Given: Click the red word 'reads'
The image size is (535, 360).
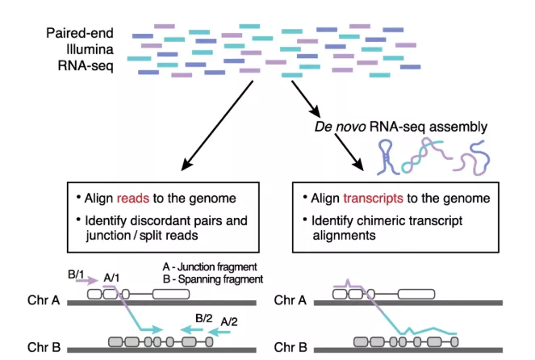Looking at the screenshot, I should click(133, 199).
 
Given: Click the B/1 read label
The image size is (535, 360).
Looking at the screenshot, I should click(76, 275).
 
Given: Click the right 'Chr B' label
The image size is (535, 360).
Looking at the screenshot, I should click(290, 348).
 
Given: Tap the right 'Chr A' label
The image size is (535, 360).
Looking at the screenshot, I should click(290, 301).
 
